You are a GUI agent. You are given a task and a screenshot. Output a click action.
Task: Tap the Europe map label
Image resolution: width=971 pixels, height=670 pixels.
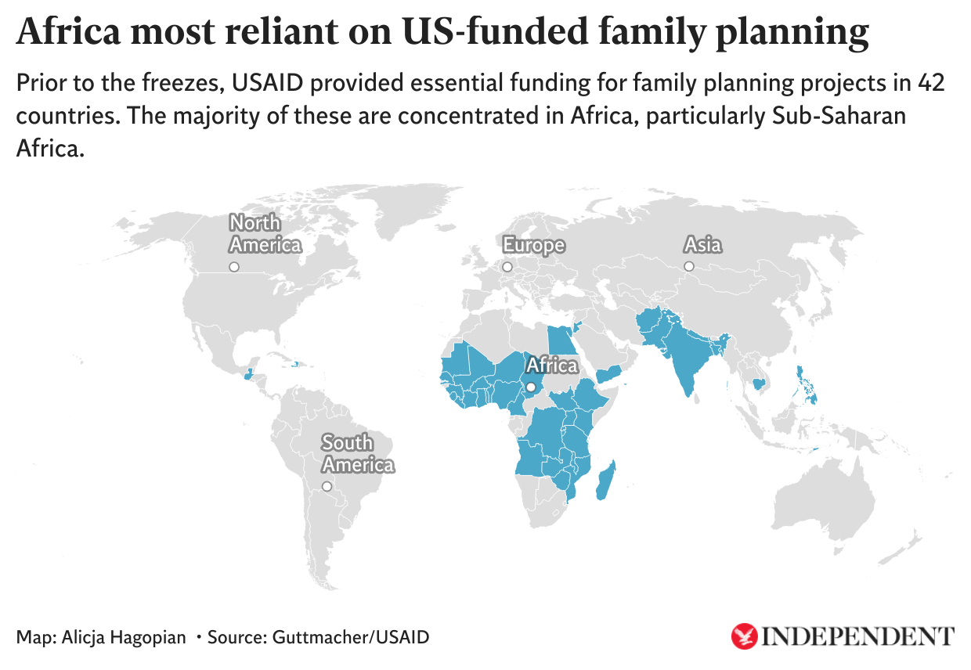click(533, 245)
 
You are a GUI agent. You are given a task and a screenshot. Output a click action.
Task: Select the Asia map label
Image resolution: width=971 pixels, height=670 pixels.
click(702, 245)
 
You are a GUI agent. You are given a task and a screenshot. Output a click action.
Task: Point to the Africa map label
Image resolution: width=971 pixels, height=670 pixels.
click(552, 365)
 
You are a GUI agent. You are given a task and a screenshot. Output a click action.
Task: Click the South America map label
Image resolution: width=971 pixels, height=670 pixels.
click(358, 454)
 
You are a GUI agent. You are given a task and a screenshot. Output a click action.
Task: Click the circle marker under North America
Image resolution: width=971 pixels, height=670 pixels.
click(233, 267)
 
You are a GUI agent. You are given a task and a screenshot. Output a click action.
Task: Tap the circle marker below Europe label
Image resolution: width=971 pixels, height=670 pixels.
click(507, 267)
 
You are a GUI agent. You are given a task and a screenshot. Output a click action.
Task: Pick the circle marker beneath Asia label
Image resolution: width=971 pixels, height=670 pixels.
click(689, 267)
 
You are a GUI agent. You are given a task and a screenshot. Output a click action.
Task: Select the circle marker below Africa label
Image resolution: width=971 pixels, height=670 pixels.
click(531, 387)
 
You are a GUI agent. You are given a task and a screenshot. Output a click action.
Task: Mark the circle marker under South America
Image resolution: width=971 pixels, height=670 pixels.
click(327, 486)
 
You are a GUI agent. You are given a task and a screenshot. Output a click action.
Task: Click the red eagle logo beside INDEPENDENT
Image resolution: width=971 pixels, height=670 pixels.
click(744, 636)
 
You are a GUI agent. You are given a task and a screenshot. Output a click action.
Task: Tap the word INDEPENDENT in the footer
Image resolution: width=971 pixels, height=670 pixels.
click(858, 636)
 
